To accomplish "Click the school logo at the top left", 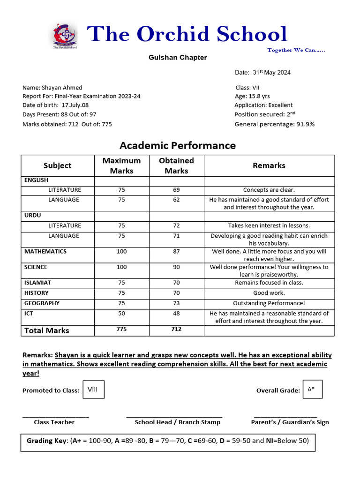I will click(x=65, y=36).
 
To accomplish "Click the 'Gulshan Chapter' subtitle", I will click(x=178, y=58).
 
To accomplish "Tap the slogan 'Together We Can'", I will click(x=296, y=50).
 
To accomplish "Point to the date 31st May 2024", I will click(x=269, y=73).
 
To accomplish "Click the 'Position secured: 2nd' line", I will click(x=265, y=114).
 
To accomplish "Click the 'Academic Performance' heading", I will click(x=178, y=145).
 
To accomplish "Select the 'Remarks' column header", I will click(x=269, y=165).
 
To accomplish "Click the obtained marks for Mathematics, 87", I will click(x=176, y=252).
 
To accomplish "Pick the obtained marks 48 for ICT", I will click(x=176, y=314).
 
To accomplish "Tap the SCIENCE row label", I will click(x=36, y=267).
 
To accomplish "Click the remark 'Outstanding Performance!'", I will click(x=269, y=303).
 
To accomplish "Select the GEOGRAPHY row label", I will click(x=42, y=303).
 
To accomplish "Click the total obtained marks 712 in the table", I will click(x=176, y=330).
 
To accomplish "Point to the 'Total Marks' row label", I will click(x=46, y=330).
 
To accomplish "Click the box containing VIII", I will click(x=93, y=390).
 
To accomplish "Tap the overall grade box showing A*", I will click(x=312, y=390).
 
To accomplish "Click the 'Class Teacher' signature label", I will click(x=54, y=422).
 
